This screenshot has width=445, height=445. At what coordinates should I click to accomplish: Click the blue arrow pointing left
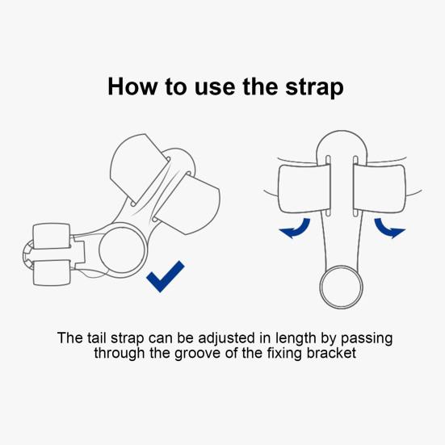pyautogui.click(x=296, y=230)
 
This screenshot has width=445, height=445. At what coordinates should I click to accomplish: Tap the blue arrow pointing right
pyautogui.click(x=388, y=229)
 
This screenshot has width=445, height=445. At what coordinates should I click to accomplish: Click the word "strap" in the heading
pyautogui.click(x=314, y=86)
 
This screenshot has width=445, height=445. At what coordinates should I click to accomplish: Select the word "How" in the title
pyautogui.click(x=132, y=86)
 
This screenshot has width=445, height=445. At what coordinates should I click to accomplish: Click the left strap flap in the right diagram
pyautogui.click(x=304, y=188)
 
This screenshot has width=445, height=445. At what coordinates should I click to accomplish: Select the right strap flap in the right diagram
pyautogui.click(x=380, y=188)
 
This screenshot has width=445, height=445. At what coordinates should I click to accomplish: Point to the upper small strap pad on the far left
pyautogui.click(x=52, y=236)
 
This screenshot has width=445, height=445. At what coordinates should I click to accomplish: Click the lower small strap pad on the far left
pyautogui.click(x=52, y=272)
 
